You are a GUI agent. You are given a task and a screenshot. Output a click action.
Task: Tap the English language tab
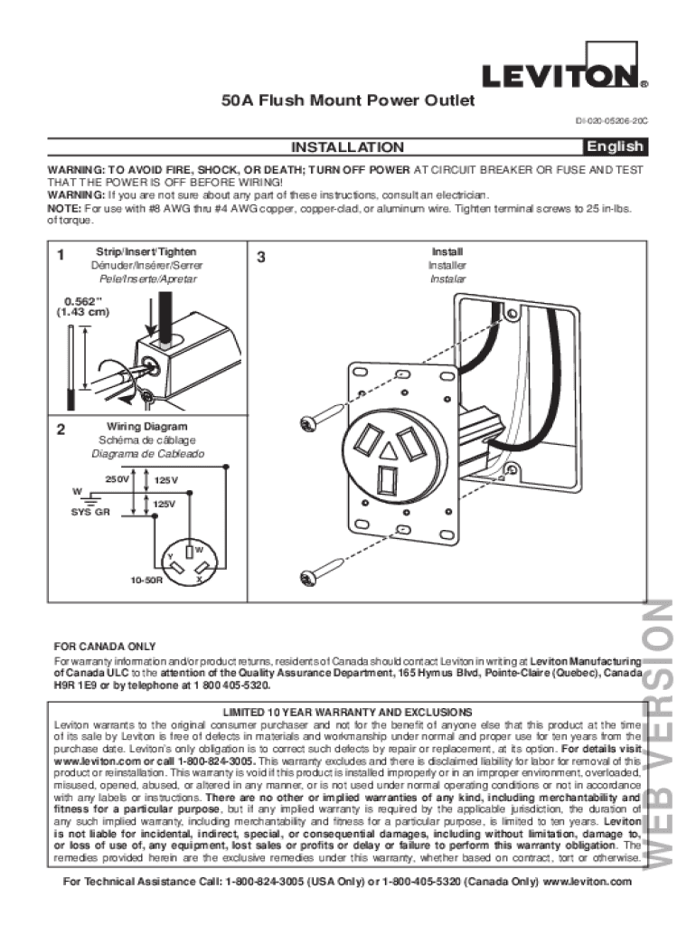[615, 146]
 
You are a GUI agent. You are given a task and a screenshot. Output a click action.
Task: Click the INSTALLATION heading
[347, 147]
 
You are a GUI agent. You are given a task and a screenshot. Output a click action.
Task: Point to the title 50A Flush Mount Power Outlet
[348, 101]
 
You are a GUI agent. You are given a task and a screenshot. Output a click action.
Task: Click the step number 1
[60, 255]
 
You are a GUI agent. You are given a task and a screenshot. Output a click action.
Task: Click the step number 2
[60, 430]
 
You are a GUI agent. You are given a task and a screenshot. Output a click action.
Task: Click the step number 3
[260, 256]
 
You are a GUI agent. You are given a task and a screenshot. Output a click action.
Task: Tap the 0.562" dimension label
[83, 302]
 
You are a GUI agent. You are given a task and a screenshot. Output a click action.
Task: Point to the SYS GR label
[90, 512]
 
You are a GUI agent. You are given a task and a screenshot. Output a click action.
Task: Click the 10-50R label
[146, 578]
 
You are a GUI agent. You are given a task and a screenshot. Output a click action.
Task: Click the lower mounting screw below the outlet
[319, 570]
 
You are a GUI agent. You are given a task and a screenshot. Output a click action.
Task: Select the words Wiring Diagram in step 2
[147, 426]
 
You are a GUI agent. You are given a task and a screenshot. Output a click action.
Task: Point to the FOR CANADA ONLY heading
[105, 647]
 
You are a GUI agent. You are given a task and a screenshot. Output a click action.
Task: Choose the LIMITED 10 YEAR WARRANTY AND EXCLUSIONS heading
[347, 712]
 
